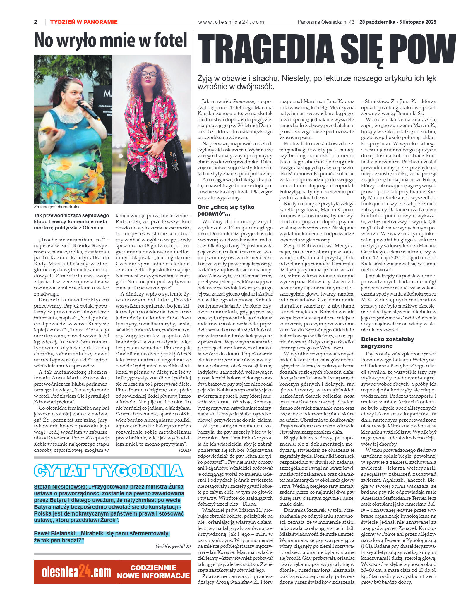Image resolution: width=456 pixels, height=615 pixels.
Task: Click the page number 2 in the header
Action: [36, 22]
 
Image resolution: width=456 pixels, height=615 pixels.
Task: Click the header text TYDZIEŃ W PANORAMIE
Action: [84, 22]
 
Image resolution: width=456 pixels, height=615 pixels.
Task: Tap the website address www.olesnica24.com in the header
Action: [231, 22]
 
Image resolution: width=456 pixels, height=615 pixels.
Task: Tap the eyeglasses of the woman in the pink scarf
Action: [148, 74]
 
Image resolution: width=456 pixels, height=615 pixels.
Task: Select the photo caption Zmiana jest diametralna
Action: [57, 207]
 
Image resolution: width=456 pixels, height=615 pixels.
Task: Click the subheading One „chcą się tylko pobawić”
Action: [226, 210]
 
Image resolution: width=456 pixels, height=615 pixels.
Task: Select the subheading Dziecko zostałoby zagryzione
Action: [387, 342]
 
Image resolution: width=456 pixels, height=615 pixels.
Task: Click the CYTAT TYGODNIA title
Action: [109, 471]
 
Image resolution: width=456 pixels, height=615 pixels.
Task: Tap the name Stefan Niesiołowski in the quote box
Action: [60, 487]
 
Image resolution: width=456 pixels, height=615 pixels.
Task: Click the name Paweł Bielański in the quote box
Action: [55, 533]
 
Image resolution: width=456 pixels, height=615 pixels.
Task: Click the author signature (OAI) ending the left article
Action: [185, 450]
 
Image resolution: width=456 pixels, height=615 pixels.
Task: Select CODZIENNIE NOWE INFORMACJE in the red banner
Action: [153, 572]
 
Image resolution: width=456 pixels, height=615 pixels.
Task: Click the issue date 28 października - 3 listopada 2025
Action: [397, 22]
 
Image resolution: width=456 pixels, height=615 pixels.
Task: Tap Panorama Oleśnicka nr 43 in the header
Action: [326, 22]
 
